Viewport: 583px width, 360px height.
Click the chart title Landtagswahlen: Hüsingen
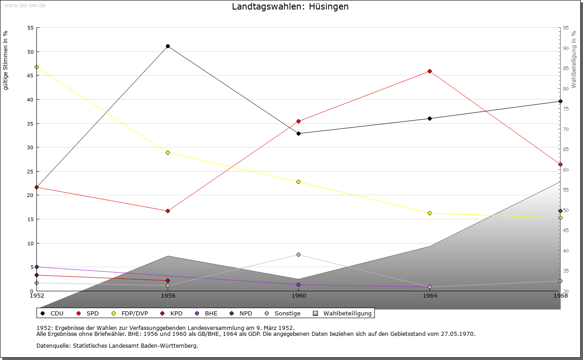click(290, 7)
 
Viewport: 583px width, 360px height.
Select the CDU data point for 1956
click(168, 46)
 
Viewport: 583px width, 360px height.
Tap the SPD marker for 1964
click(430, 71)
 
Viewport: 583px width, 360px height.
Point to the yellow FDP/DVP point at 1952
click(37, 67)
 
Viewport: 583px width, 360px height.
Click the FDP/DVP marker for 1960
click(299, 182)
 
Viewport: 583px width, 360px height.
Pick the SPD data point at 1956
click(168, 211)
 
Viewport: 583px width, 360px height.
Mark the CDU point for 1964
click(430, 118)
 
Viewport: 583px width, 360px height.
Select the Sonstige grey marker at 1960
click(299, 254)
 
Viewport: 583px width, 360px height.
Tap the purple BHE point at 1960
click(299, 284)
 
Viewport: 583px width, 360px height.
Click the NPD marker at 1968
click(560, 211)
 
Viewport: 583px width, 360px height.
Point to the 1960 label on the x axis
click(299, 296)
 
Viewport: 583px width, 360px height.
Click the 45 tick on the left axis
click(31, 76)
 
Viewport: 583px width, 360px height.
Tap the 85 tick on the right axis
click(566, 68)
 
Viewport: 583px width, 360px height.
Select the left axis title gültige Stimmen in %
click(6, 60)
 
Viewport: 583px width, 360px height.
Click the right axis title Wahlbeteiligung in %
click(574, 60)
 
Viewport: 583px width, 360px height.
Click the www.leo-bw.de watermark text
click(24, 5)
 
